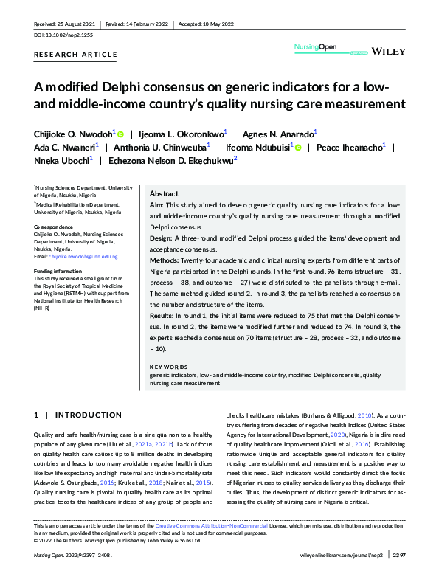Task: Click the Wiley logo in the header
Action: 388,52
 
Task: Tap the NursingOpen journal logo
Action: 316,48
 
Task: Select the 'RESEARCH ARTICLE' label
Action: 75,55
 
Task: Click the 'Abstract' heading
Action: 164,193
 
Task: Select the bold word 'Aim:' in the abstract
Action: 156,204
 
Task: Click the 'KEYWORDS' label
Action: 169,367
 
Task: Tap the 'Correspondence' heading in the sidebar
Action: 54,226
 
